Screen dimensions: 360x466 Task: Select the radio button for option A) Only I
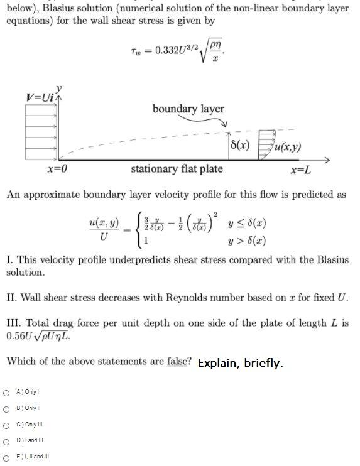point(6,393)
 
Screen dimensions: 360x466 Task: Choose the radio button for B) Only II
point(6,408)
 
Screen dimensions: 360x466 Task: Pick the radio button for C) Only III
point(6,424)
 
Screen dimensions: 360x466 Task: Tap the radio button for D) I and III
point(6,440)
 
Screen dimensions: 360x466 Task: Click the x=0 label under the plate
point(57,170)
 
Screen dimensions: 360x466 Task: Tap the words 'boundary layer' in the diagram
point(188,109)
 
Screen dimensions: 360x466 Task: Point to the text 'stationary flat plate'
point(177,170)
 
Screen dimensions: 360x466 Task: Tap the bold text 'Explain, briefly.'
point(240,363)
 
